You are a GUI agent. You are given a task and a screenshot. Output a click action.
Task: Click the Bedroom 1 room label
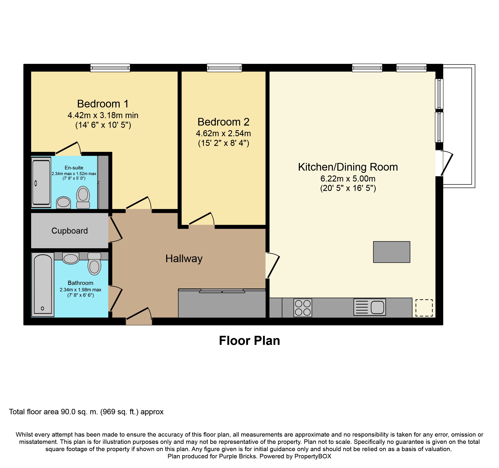point(103,104)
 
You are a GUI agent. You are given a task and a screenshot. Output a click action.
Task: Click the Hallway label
point(184,259)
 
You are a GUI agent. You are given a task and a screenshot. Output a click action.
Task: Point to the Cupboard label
point(70,231)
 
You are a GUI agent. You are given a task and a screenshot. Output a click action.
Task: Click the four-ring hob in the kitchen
point(303,308)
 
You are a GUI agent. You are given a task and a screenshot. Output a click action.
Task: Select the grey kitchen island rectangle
point(392,252)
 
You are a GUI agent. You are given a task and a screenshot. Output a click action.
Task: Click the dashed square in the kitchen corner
point(424,308)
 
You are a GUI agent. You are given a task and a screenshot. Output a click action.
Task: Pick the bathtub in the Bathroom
point(43,285)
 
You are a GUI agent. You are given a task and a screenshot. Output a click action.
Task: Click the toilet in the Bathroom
point(94,264)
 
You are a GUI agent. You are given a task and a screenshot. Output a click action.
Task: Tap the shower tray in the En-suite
point(41,182)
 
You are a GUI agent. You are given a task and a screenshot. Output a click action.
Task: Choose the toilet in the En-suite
point(83,197)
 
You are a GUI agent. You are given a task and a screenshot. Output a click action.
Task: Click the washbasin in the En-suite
point(64,202)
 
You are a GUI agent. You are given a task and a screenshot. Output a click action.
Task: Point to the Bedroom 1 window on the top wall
point(110,68)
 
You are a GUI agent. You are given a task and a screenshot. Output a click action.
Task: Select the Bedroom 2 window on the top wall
point(224,68)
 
